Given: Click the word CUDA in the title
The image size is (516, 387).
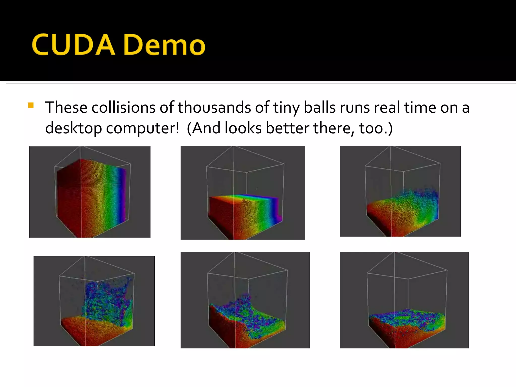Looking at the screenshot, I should pos(73,45).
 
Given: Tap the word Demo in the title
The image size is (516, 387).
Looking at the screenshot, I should pos(165,45).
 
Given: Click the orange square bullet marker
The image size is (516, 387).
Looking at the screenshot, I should pos(31,105).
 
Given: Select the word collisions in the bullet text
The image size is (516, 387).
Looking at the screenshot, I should pos(123,108).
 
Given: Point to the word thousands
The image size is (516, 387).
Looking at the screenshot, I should pos(214,108).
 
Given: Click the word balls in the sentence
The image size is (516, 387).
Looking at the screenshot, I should pos(319,108).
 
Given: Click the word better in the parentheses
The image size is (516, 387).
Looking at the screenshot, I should pos(287,128).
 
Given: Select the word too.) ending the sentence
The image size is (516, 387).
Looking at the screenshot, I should pos(376,128).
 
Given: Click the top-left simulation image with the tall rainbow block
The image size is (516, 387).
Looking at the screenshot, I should pos(90,192).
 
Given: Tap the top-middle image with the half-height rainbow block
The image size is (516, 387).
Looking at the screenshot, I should pos(243,193).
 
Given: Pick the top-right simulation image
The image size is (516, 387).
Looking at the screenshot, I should pos(400,191).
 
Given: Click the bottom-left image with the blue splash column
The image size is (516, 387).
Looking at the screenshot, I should pos(94,301).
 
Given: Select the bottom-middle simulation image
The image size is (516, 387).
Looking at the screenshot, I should pos(245,300).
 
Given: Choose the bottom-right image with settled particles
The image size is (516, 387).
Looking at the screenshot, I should pos(404,300).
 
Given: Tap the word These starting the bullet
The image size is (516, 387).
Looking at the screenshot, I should pos(66,108).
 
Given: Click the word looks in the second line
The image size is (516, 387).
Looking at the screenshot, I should pos(243,128).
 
